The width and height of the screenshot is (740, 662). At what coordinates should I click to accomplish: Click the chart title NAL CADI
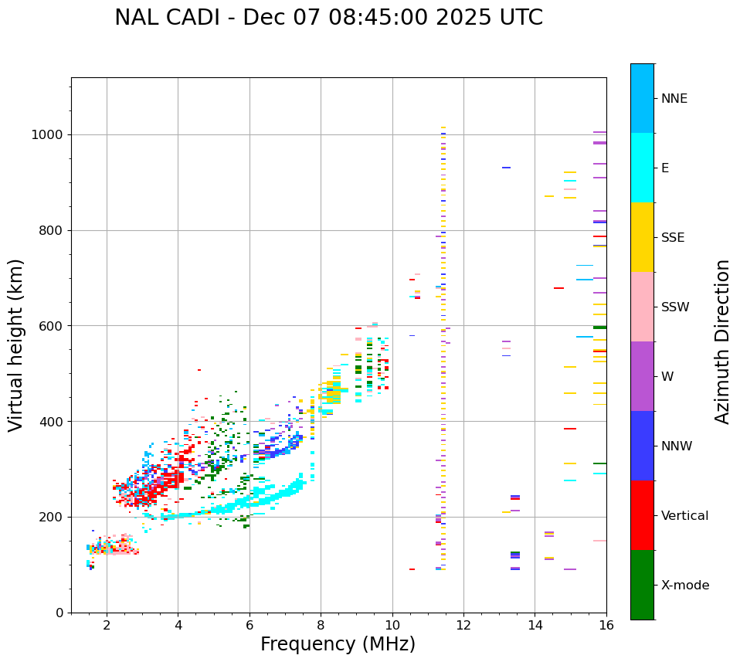click(x=328, y=18)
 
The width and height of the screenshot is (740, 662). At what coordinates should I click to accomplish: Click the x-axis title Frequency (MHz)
click(x=338, y=644)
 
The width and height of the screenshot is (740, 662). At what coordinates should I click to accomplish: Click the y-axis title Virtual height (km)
click(x=16, y=345)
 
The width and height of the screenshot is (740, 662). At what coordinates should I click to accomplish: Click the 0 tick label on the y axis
click(x=59, y=613)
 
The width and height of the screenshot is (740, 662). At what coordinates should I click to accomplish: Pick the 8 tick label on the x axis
click(x=321, y=625)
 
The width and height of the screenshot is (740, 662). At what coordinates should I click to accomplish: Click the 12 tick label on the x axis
click(x=463, y=625)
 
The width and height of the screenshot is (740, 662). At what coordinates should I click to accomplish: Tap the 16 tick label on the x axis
click(x=606, y=625)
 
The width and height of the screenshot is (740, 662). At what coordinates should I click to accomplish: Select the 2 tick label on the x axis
click(x=107, y=625)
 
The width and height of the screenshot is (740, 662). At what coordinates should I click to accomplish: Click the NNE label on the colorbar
click(x=674, y=99)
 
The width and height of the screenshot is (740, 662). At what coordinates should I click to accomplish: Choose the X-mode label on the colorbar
click(x=685, y=586)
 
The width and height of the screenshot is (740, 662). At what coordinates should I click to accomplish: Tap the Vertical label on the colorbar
click(x=684, y=516)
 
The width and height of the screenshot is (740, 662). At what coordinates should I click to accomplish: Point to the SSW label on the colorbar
click(x=675, y=307)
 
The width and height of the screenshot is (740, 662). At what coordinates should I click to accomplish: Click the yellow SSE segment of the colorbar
click(x=642, y=237)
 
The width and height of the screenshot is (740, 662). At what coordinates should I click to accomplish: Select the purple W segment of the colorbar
click(x=642, y=376)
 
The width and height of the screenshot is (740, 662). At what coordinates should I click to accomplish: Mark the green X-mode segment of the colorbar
click(x=642, y=585)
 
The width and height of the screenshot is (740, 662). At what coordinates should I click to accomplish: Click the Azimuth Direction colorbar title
click(x=722, y=341)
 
